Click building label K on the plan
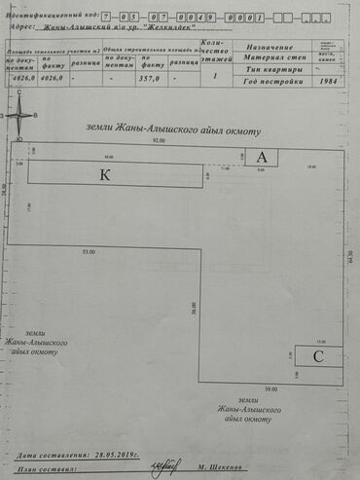(104, 174)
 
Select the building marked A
(261, 157)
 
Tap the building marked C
(318, 356)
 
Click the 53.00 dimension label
(90, 252)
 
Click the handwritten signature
(155, 468)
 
